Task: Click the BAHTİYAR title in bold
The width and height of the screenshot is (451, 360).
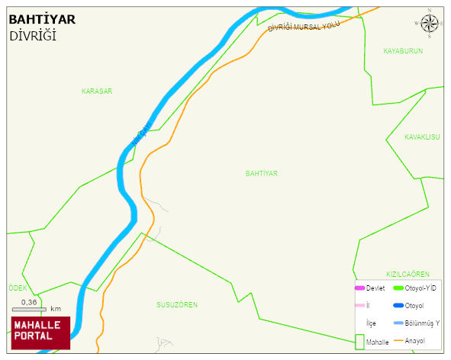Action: (x=41, y=20)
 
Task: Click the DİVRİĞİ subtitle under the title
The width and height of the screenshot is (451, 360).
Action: (x=33, y=36)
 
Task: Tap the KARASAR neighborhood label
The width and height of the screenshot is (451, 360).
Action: (x=97, y=92)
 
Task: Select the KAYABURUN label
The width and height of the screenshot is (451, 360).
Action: (x=403, y=51)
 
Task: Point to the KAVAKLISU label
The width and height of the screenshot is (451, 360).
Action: (x=423, y=137)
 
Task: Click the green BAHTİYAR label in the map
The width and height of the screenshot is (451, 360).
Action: (x=262, y=174)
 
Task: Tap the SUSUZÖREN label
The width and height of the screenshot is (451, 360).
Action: (x=177, y=305)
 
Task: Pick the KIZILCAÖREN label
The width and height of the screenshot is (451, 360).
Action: (x=408, y=274)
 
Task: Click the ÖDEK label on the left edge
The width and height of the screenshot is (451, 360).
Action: (x=18, y=288)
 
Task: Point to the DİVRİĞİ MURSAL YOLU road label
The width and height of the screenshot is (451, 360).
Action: (x=303, y=27)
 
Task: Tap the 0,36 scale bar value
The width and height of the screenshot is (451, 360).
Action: (x=29, y=302)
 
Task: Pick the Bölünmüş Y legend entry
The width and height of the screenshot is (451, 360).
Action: (x=422, y=323)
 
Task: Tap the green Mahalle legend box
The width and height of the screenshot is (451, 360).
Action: (x=359, y=342)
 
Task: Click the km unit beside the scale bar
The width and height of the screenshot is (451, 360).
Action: (x=56, y=310)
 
